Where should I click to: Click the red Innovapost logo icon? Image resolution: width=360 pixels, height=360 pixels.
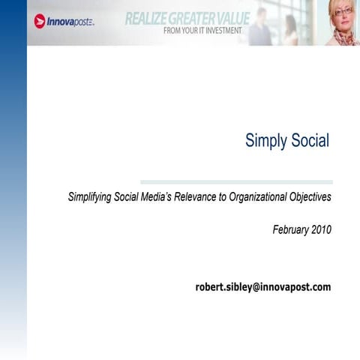[40, 21]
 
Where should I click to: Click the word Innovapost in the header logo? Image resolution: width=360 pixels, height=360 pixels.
[69, 22]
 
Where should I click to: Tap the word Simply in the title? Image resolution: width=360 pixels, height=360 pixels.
[266, 141]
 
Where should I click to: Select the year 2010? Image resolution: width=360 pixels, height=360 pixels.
[320, 230]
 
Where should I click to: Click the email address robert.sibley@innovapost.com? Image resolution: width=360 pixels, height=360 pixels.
[262, 286]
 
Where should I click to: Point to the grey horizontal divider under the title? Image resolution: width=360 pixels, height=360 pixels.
[236, 181]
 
